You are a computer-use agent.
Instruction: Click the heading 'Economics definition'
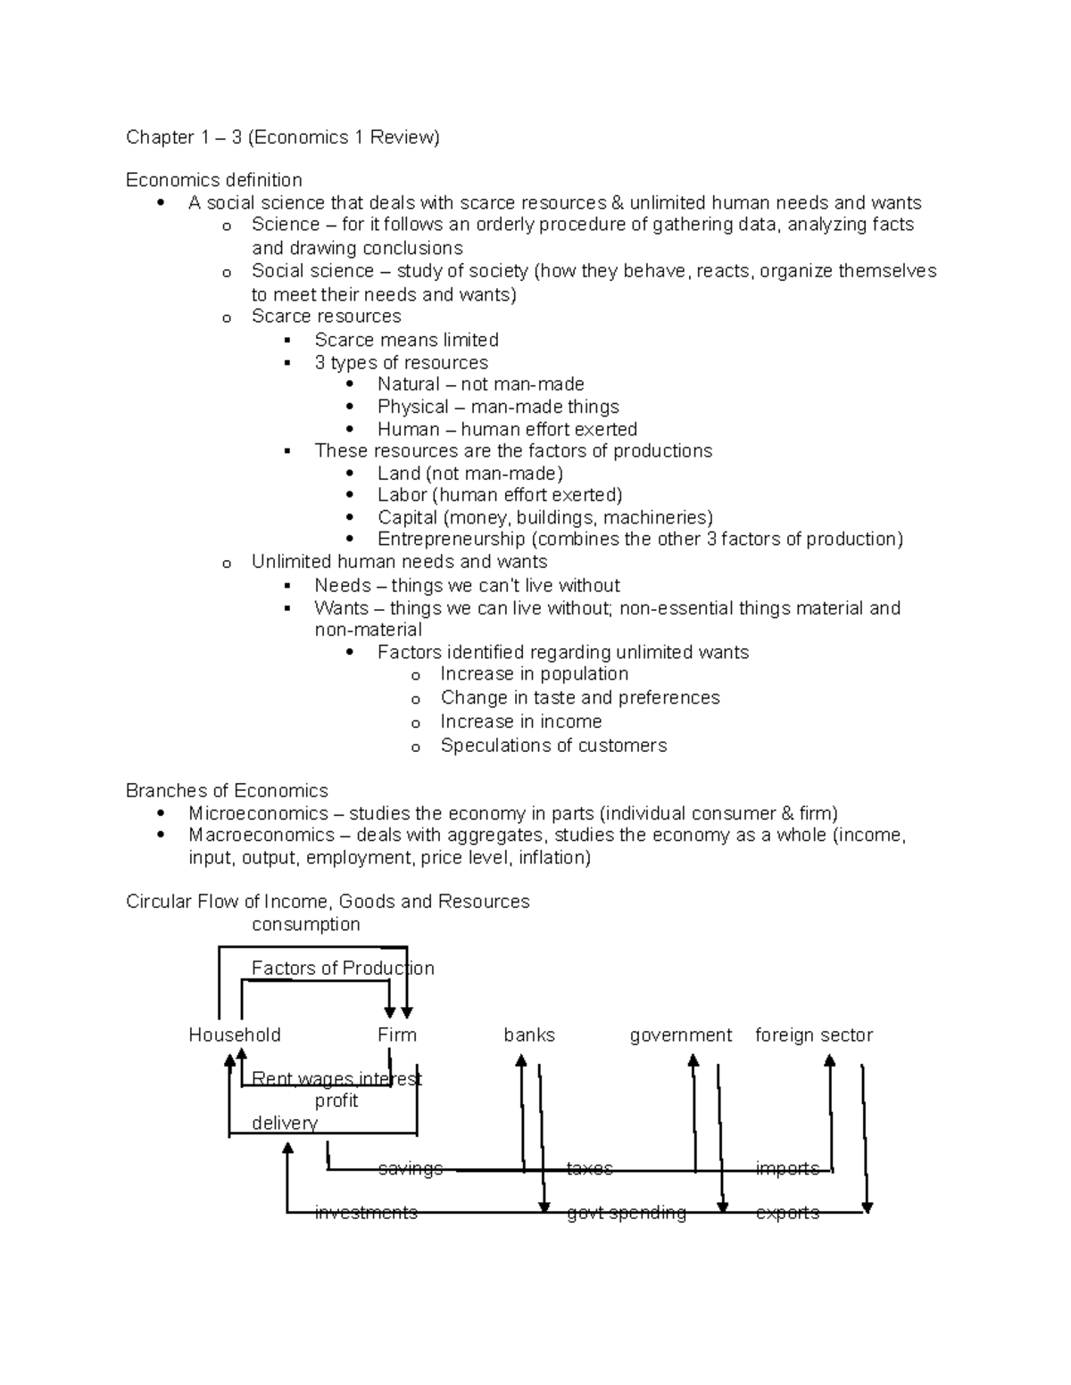pos(214,180)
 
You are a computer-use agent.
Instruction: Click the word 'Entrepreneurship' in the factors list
pos(451,540)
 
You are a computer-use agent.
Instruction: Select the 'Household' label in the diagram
pos(235,1035)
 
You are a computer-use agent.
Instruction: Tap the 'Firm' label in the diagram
pos(397,1035)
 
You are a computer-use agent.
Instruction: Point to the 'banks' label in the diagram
pos(529,1035)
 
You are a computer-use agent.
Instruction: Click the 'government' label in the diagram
pos(680,1035)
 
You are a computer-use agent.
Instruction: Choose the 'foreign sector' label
pos(813,1035)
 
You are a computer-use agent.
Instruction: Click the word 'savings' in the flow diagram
pos(411,1168)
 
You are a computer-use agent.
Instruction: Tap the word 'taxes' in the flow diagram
pos(590,1168)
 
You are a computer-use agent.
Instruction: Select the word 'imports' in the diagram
pos(787,1168)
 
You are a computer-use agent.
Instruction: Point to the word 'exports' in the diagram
pos(787,1213)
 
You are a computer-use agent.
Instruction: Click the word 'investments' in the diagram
pos(366,1213)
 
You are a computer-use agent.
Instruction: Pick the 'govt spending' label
pos(627,1213)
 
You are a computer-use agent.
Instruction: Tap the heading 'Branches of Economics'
pos(227,791)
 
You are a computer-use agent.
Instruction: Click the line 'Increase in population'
pos(534,674)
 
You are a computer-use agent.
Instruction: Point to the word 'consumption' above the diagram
pos(306,925)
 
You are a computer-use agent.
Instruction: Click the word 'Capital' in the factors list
pos(407,518)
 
